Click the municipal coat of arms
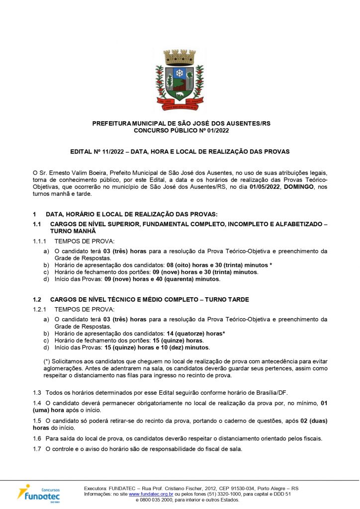[x=180, y=79]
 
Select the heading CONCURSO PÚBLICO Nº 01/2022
[x=181, y=130]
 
